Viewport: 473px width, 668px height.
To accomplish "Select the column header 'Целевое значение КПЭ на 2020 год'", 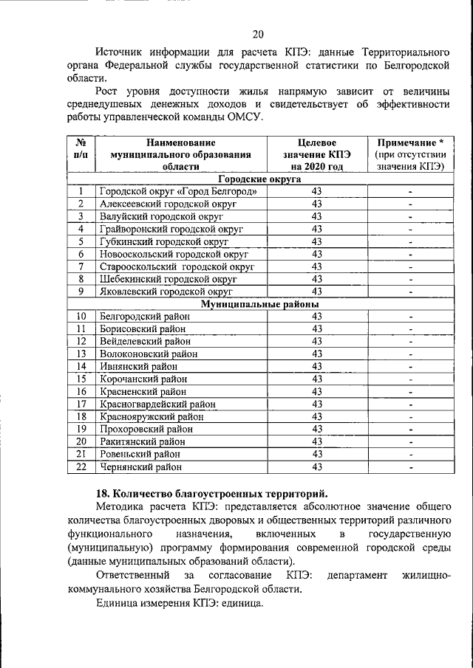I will point(316,154).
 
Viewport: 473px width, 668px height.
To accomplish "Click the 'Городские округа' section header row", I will point(259,179).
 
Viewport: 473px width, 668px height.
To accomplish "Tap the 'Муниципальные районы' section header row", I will point(259,304).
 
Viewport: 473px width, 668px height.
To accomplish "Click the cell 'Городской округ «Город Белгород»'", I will point(178,192).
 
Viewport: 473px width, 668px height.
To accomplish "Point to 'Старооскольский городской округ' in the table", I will point(177,266).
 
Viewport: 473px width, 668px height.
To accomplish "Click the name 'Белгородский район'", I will point(142,317).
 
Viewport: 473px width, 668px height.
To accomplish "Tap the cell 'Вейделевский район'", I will point(144,342).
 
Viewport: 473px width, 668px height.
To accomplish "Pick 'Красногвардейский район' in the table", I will point(157,404).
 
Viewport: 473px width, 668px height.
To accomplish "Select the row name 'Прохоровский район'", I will point(146,430).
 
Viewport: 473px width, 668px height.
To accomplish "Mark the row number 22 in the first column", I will point(81,466).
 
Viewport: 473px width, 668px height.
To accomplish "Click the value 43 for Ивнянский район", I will point(316,367).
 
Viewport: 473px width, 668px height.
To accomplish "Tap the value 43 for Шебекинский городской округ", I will point(316,279).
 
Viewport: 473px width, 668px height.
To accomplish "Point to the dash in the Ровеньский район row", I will point(409,455).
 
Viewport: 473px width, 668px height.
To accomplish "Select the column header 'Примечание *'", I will point(409,142).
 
